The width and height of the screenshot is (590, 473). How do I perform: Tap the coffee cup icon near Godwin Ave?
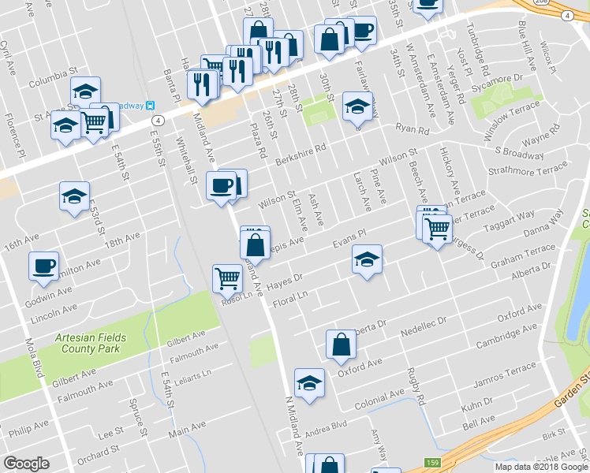pyautogui.click(x=43, y=266)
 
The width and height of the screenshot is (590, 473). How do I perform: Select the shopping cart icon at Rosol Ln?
pyautogui.click(x=226, y=277)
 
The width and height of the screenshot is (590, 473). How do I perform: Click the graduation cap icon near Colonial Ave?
pyautogui.click(x=309, y=383)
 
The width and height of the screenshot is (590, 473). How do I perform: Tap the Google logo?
pyautogui.click(x=26, y=464)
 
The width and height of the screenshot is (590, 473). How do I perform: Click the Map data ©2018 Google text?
pyautogui.click(x=541, y=467)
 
